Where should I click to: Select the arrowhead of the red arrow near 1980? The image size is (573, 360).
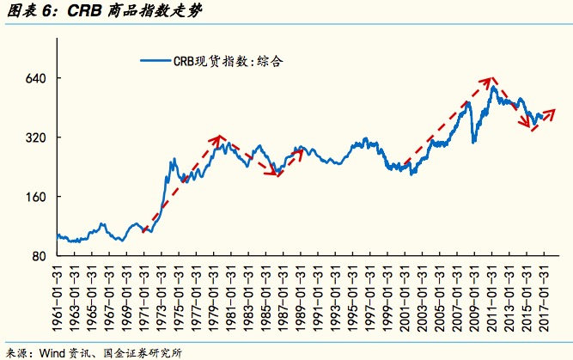pyautogui.click(x=220, y=138)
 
